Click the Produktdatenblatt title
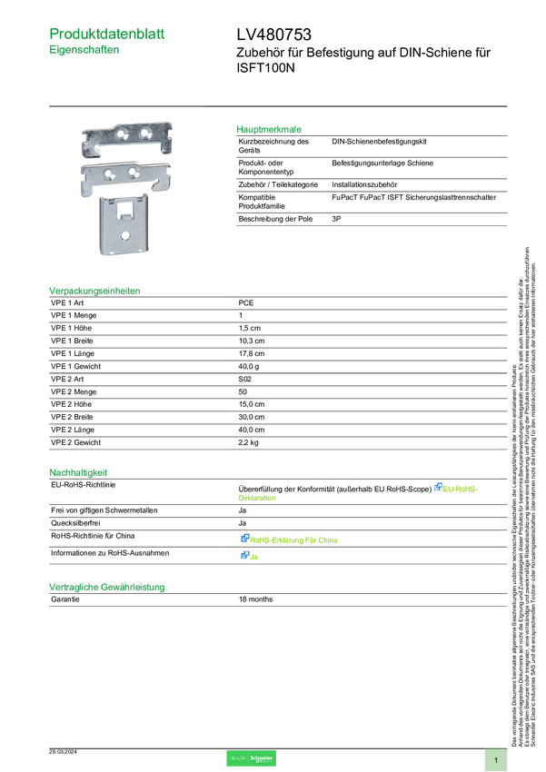pos(108,34)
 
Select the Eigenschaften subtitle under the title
pos(84,52)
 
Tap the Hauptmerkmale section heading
pos(269,129)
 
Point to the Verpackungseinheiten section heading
pos(94,291)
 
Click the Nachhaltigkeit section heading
pos(78,471)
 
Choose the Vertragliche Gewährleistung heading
pos(106,587)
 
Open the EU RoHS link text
pos(462,489)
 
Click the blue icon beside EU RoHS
pos(438,488)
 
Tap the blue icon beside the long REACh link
pos(244,539)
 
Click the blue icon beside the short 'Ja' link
pos(244,556)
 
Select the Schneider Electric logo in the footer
pos(251,758)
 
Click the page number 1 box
pos(496,759)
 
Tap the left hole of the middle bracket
pos(111,172)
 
